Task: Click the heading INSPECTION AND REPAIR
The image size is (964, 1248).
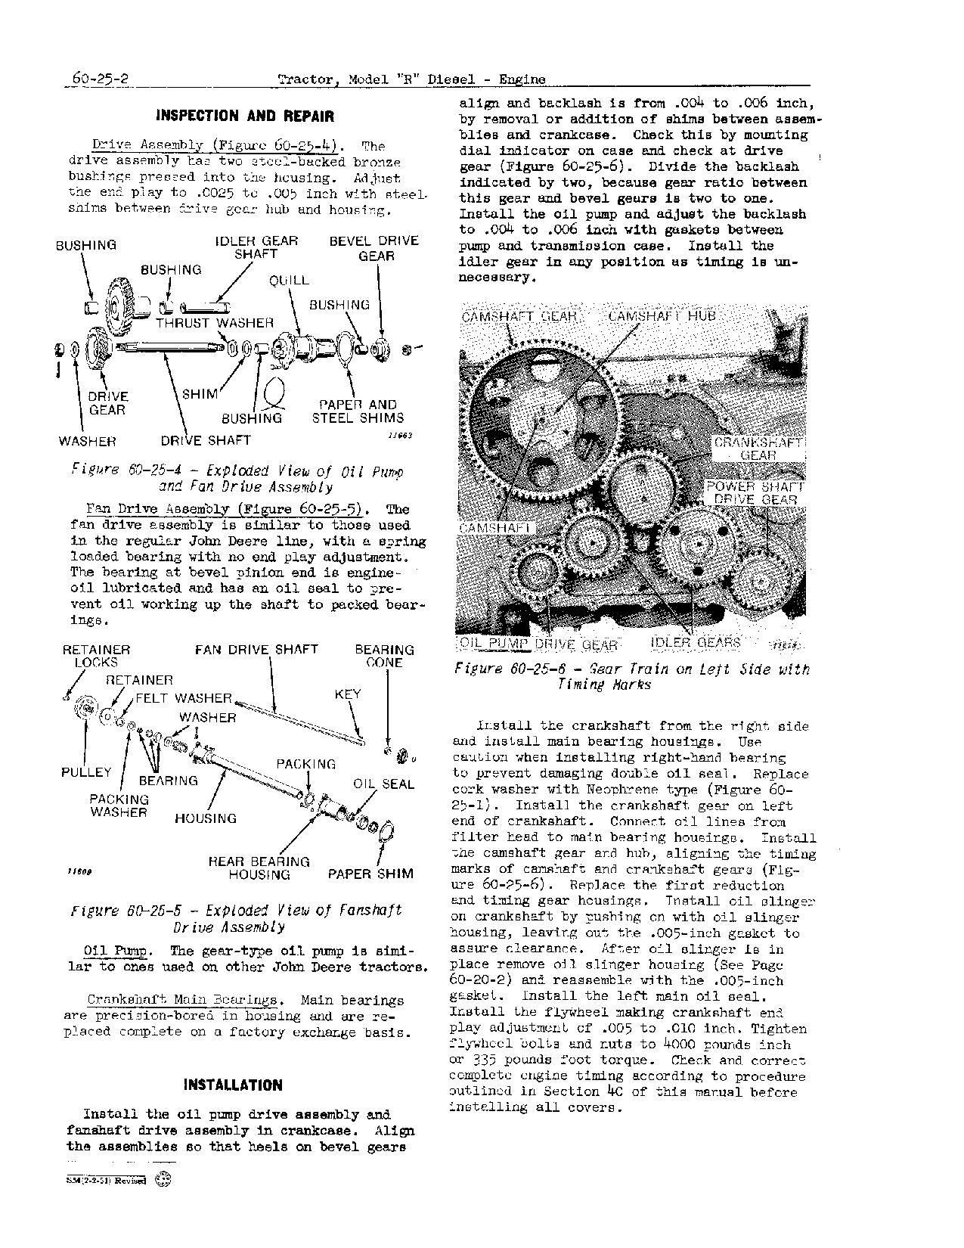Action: coord(244,116)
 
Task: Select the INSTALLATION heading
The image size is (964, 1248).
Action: coord(233,1085)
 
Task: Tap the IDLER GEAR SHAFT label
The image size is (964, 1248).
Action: coord(256,247)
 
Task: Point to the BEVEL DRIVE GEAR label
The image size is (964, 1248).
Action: coord(374,248)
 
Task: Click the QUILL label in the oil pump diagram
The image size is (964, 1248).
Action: coord(289,280)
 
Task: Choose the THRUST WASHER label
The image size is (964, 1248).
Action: coord(215,323)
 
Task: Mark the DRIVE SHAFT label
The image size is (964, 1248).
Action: coord(205,440)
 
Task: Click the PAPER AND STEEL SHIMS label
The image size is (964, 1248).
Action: coord(358,411)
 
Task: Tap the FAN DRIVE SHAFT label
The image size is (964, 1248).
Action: coord(256,649)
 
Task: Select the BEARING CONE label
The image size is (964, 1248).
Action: coord(384,656)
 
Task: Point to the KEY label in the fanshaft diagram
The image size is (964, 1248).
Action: coord(348,694)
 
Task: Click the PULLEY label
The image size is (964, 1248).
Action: coord(86,772)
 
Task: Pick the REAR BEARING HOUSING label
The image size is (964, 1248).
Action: coord(259,868)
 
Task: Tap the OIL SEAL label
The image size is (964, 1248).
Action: coord(383,784)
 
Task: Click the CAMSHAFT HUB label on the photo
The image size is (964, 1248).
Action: coord(662,315)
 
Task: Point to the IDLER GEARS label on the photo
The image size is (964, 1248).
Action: coord(696,643)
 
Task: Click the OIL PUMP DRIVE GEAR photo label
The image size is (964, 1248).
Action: coord(538,644)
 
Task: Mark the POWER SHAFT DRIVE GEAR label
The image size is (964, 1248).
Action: coord(754,493)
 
